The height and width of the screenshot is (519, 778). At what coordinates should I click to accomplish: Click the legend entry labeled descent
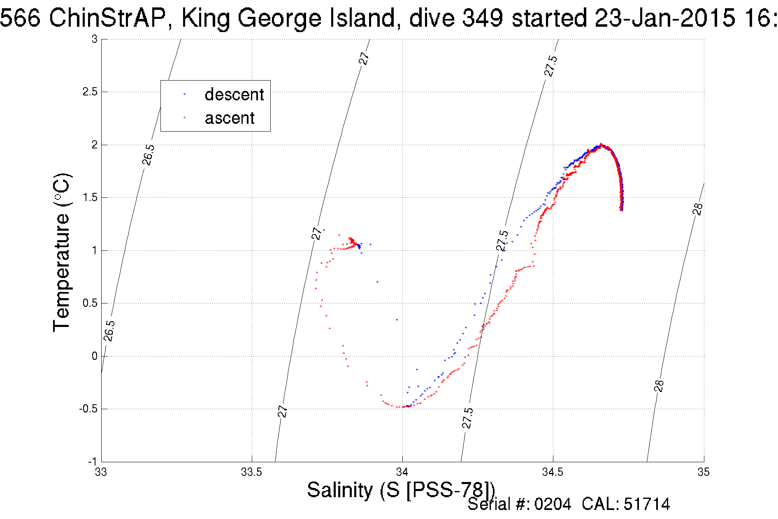point(234,95)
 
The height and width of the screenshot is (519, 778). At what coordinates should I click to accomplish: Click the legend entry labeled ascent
point(229,118)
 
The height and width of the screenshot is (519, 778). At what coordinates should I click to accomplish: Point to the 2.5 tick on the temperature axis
point(90,92)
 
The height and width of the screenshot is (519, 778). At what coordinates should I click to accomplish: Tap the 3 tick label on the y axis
point(95,39)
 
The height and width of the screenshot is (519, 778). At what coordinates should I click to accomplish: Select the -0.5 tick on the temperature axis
point(88,409)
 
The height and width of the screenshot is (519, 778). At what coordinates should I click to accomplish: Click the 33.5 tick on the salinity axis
point(251,472)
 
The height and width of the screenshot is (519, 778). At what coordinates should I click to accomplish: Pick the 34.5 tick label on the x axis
point(553,472)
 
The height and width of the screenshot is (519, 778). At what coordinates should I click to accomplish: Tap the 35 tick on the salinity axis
point(704,472)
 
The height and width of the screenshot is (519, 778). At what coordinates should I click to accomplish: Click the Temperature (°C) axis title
point(62,253)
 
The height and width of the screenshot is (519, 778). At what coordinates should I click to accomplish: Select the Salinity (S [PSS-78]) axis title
point(401,490)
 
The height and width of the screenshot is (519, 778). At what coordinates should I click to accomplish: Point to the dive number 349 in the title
point(482,18)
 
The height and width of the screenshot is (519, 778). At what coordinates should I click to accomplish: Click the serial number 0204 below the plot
point(553,504)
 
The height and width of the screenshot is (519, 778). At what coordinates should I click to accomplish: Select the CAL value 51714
point(647,504)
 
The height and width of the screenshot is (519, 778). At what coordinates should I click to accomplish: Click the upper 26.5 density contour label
point(149,155)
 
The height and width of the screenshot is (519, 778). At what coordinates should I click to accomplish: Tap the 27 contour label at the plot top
point(364,58)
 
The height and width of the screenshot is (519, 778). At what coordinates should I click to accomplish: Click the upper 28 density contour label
point(698,209)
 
